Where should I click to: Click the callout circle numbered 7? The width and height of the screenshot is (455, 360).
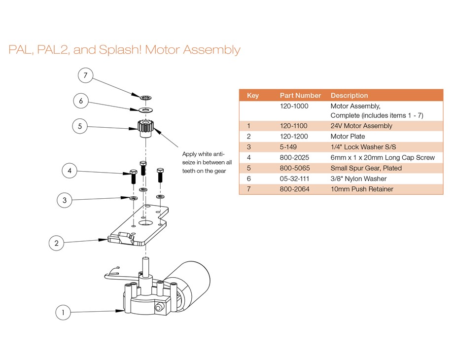click(86, 75)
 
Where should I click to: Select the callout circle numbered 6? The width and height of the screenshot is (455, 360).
click(81, 101)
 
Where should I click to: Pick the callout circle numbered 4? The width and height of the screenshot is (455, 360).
click(70, 171)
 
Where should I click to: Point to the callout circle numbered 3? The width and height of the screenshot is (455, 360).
click(64, 200)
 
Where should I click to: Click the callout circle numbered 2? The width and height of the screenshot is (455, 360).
click(57, 243)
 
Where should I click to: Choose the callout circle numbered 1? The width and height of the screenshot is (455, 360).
click(63, 312)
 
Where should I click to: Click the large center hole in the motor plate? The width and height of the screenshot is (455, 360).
click(146, 223)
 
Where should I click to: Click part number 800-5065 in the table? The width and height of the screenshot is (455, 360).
click(295, 168)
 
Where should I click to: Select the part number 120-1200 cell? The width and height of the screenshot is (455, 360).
click(294, 137)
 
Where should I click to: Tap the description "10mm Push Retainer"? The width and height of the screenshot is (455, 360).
click(362, 189)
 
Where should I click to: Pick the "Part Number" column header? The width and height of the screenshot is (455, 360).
click(300, 95)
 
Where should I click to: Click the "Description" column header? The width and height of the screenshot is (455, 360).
click(349, 95)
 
